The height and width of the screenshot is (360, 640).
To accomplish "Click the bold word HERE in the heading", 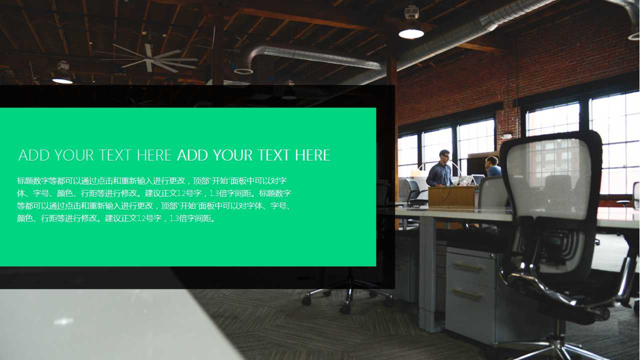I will (x=312, y=155).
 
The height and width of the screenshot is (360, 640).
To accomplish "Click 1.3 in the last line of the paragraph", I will (x=174, y=218).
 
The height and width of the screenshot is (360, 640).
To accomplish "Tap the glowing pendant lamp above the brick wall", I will (x=411, y=33).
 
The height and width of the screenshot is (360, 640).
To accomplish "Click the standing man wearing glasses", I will (x=441, y=168).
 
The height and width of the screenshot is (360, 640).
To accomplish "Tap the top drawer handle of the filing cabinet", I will (x=468, y=267).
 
